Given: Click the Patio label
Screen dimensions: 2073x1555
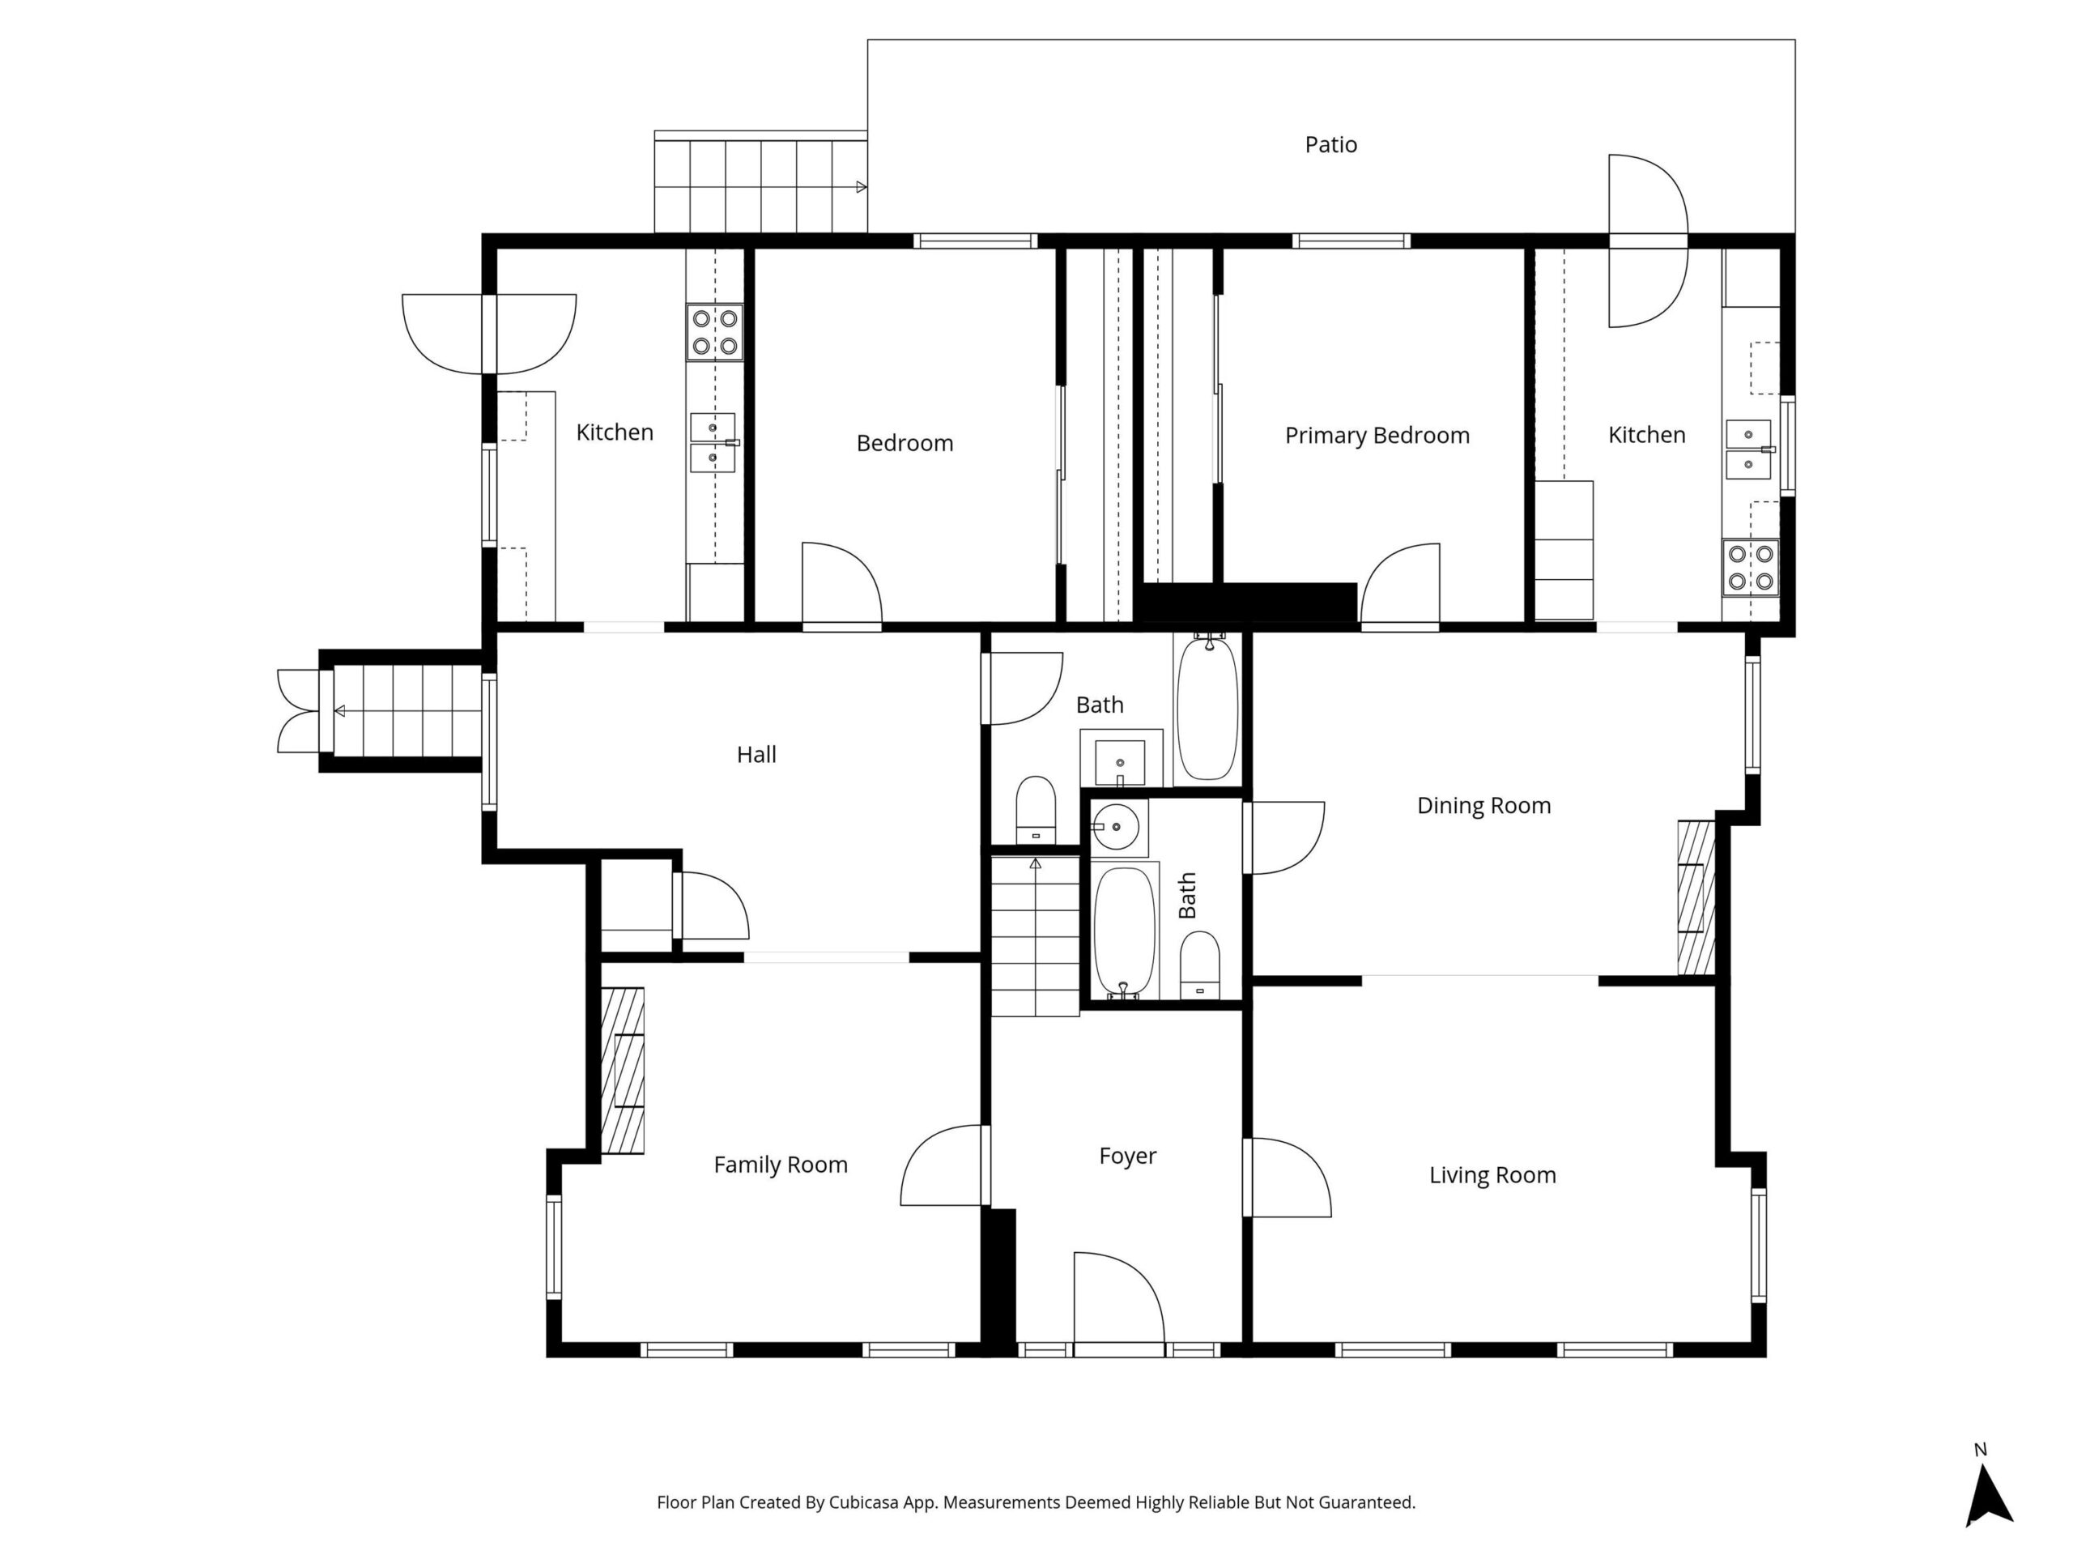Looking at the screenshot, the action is (1330, 144).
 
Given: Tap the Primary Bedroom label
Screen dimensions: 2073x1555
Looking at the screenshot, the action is (1377, 436).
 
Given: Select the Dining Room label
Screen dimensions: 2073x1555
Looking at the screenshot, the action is (1483, 806).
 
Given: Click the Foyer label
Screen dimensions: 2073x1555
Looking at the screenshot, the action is (1127, 1157).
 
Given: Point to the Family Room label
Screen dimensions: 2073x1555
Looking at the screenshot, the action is (781, 1165).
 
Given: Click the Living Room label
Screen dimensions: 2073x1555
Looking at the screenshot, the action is (1492, 1175).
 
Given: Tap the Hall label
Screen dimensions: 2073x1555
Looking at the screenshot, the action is (756, 755).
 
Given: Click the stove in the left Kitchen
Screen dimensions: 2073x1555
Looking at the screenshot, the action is (715, 332).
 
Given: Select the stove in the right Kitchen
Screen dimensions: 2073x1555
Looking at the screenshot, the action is (1751, 567).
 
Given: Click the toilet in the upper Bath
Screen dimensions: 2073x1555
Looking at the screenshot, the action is (1036, 809).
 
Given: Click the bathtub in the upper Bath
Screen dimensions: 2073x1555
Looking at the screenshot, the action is (1208, 709).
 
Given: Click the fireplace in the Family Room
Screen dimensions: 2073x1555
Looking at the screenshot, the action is (622, 1071).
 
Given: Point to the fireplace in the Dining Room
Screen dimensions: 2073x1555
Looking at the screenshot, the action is (1696, 898).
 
